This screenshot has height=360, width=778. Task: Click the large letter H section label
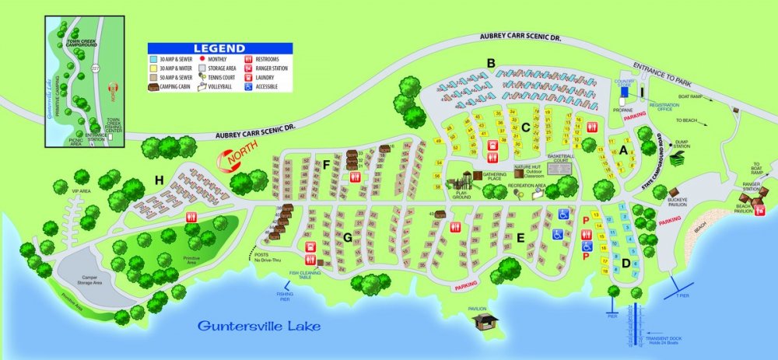(x=159, y=180)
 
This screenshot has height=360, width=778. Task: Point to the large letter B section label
(x=491, y=63)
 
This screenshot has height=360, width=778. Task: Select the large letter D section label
(x=626, y=262)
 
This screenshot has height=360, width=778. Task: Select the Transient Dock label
(x=665, y=330)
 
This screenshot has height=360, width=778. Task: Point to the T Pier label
(x=682, y=296)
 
